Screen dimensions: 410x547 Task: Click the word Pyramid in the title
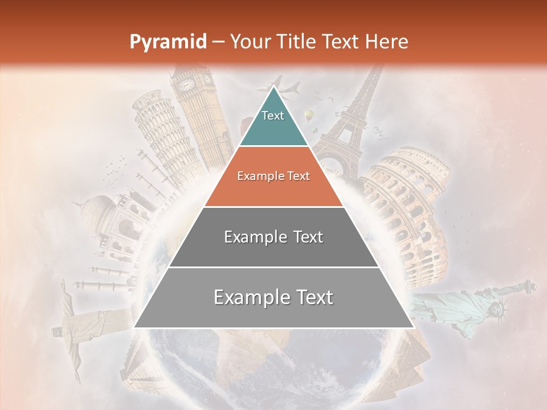point(168,42)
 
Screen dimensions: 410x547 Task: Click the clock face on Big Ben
point(187,85)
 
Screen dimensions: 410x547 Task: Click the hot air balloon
point(309,116)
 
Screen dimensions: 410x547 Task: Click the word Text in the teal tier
point(273,116)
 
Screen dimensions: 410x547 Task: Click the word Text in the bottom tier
point(310,297)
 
